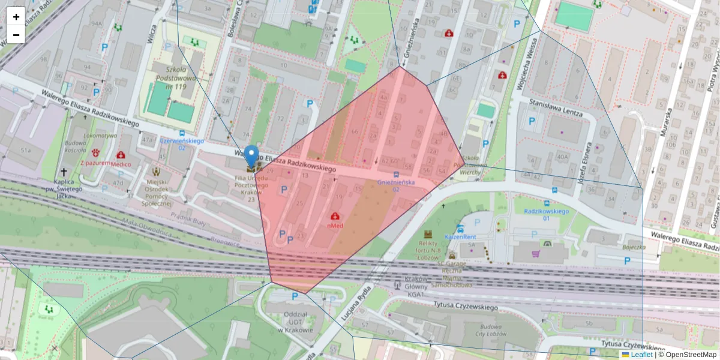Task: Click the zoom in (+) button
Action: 16,16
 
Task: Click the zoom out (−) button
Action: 16,35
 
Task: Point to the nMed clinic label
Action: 335,226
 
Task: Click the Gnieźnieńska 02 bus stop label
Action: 396,185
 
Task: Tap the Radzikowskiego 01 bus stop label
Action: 546,214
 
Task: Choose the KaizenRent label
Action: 460,237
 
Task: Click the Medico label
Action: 121,163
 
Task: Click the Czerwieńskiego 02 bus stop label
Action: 182,143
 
